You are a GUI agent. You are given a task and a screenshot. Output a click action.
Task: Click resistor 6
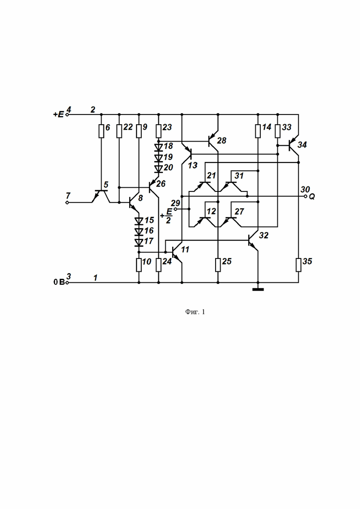point(101,131)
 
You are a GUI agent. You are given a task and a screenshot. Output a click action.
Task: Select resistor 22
point(119,131)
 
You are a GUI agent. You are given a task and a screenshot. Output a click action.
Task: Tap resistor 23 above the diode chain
point(158,131)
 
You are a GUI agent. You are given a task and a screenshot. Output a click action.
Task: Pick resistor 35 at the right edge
point(298,264)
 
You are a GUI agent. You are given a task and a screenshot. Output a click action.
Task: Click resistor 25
point(218,264)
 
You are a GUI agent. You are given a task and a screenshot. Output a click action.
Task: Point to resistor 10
point(139,264)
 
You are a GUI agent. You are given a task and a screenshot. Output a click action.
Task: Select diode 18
point(158,147)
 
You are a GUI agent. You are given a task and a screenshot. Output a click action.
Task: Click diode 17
point(139,242)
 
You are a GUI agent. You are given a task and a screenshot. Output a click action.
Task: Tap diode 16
point(139,232)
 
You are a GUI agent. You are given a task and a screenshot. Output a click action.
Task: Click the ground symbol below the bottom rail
point(258,289)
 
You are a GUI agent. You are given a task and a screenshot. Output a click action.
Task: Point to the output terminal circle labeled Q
point(305,196)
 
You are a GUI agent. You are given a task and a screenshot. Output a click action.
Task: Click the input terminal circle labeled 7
point(67,203)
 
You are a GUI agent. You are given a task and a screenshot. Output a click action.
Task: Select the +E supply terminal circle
point(67,114)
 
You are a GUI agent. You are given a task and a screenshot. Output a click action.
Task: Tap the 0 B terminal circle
point(67,283)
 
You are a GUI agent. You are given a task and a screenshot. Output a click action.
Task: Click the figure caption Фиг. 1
point(195,312)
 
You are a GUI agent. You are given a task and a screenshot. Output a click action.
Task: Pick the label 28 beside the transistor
point(222,141)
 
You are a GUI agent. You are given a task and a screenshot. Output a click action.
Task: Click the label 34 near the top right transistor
point(302,144)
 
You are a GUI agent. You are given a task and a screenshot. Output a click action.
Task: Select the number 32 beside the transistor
point(264,235)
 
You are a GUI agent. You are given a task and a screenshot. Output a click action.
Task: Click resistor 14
point(258,131)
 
